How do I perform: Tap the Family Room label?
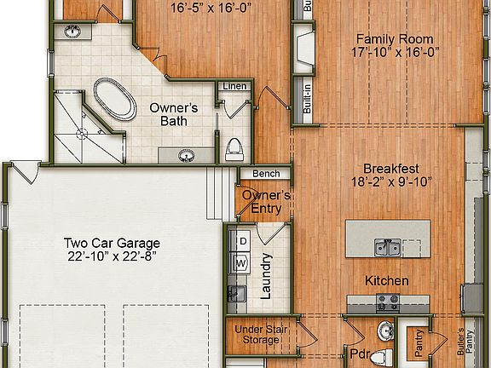coord(394,39)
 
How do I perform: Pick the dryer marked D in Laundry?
coord(241,242)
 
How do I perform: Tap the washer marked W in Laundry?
coord(241,263)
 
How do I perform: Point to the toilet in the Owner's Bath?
coord(234,150)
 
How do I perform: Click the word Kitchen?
coord(387,280)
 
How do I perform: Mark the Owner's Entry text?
coord(266,201)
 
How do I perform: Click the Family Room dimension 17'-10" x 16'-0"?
coord(394,53)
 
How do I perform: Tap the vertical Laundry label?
coord(265,277)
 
